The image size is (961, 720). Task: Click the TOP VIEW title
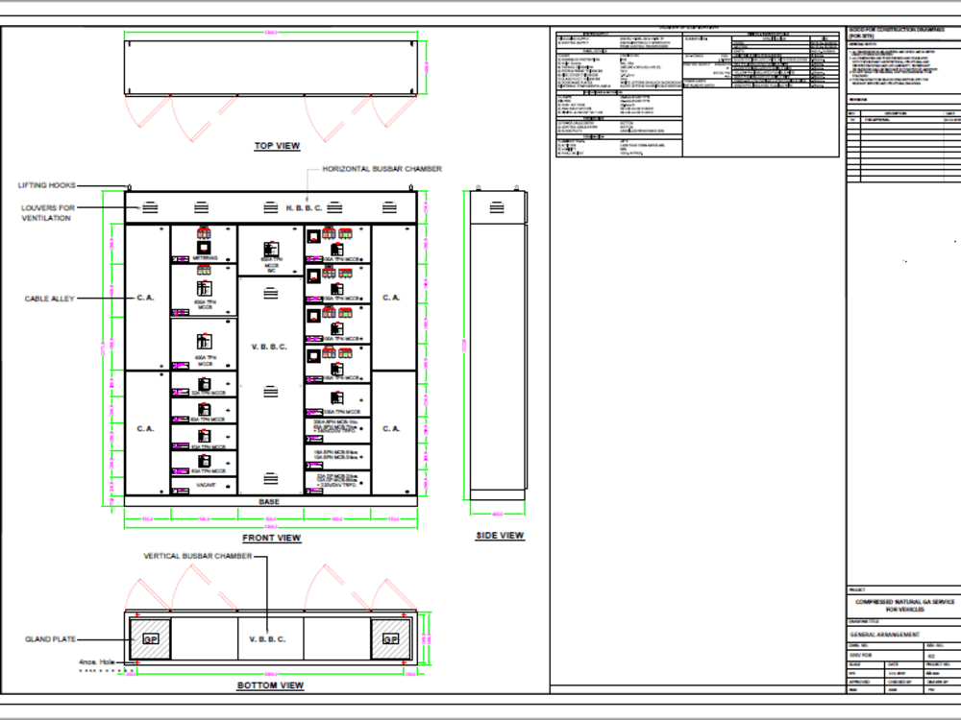(277, 146)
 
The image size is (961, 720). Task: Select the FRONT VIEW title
(270, 538)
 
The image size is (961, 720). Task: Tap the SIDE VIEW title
(500, 535)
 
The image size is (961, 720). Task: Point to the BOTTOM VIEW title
(270, 685)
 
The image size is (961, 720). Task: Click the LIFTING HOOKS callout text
(47, 185)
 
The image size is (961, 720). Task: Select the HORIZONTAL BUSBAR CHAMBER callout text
(382, 169)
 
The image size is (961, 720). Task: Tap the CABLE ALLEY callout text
(49, 299)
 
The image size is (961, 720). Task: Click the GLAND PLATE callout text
(50, 638)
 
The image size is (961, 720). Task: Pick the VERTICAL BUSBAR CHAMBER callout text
(198, 556)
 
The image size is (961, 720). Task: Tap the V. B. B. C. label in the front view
(269, 347)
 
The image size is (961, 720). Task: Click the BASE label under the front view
(269, 502)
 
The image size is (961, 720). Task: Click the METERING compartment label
(205, 258)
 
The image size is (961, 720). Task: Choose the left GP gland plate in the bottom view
(151, 639)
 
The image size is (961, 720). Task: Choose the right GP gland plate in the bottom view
(390, 639)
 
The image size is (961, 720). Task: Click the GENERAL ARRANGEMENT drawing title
(884, 635)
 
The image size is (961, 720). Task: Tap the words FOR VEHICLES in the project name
(904, 610)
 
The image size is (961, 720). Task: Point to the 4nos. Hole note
(97, 661)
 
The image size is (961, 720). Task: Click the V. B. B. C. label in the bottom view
(269, 639)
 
